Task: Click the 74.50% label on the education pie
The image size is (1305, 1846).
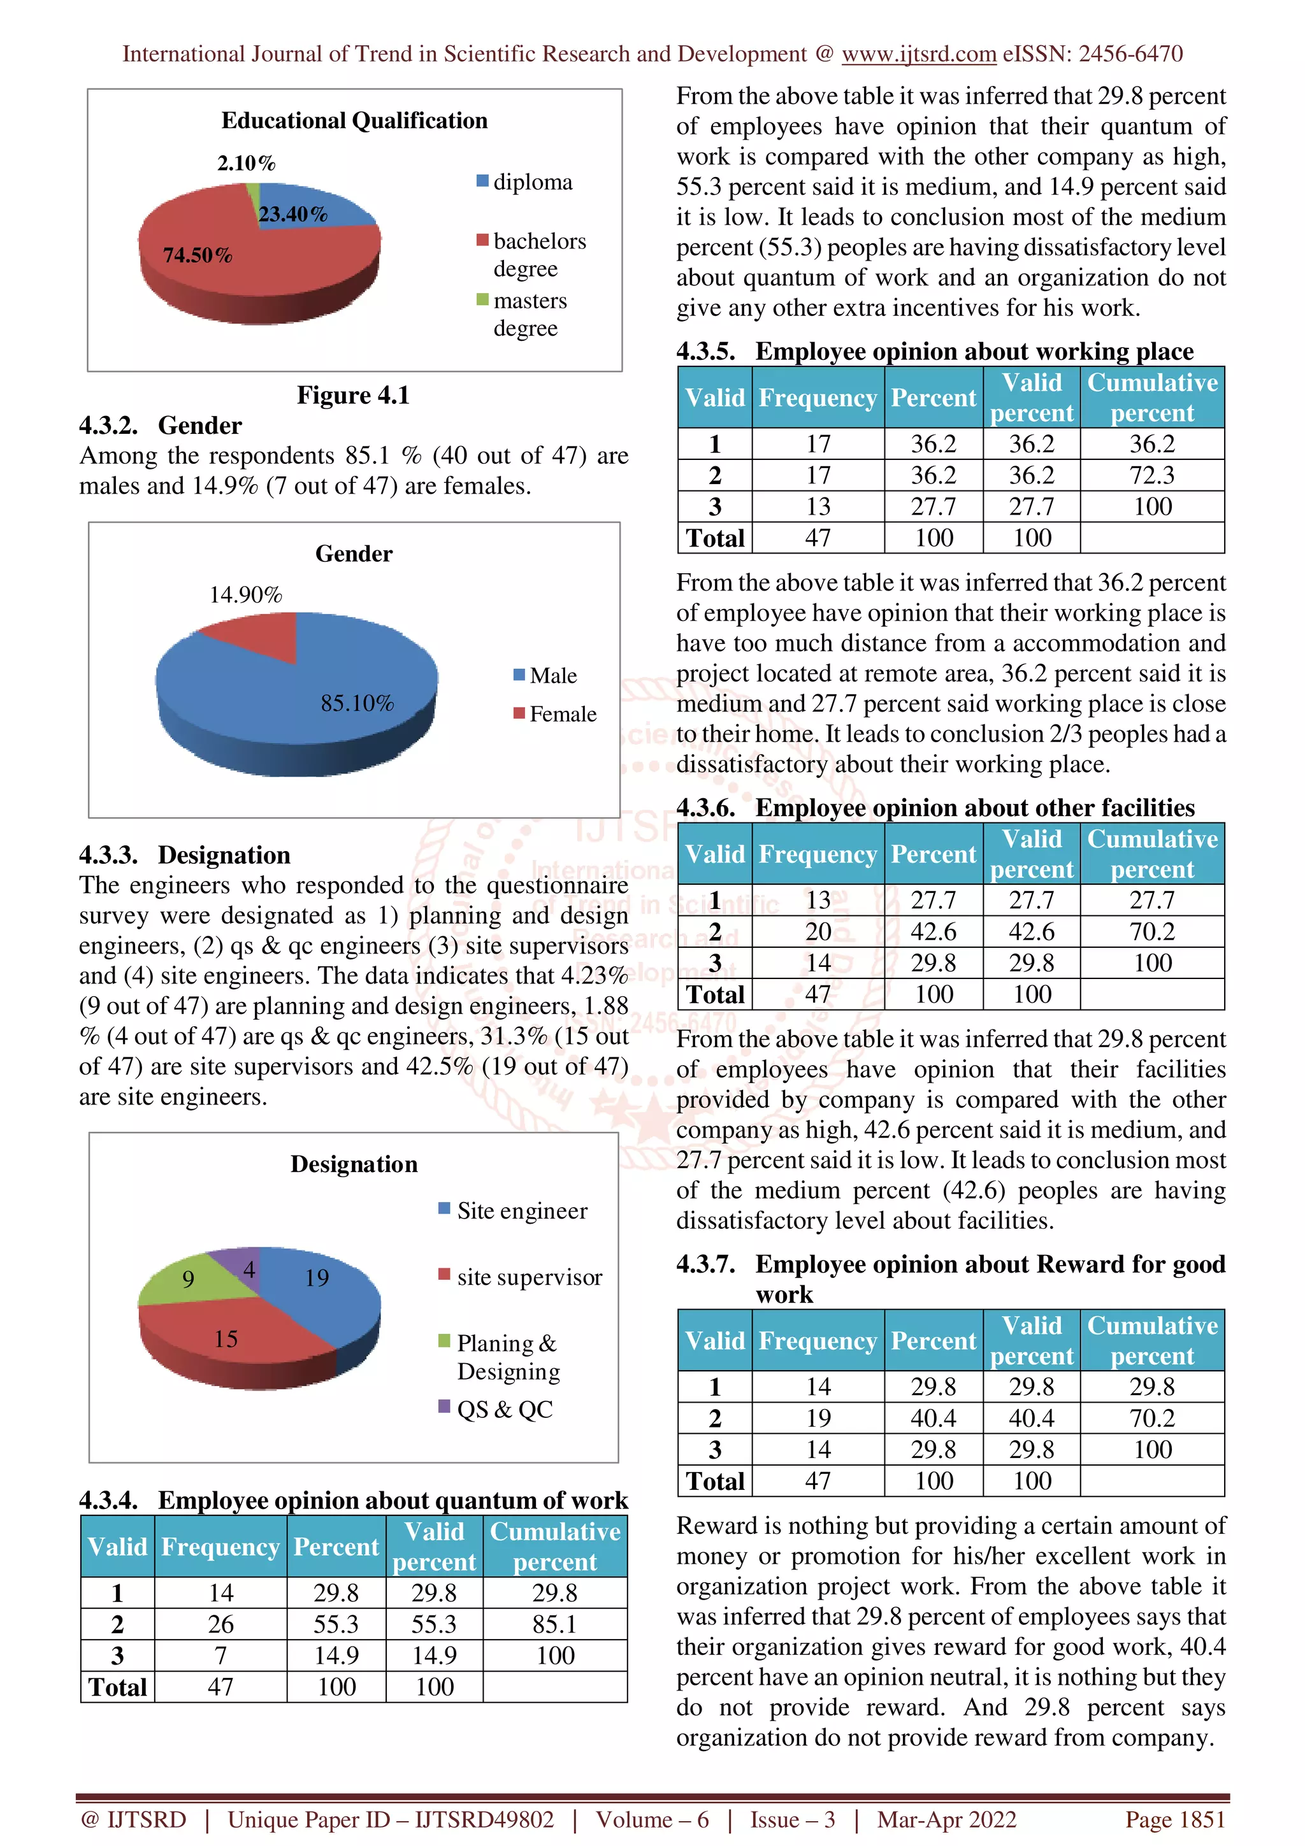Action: click(x=198, y=255)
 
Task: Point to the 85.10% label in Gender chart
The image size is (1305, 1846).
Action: click(x=357, y=703)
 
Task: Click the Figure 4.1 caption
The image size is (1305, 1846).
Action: click(x=353, y=395)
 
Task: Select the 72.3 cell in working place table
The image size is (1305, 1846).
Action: click(x=1151, y=475)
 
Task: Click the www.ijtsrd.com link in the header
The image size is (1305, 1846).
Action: click(x=918, y=54)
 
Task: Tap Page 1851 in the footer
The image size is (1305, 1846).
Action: click(x=1175, y=1819)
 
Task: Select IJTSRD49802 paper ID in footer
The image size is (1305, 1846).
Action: click(x=484, y=1819)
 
